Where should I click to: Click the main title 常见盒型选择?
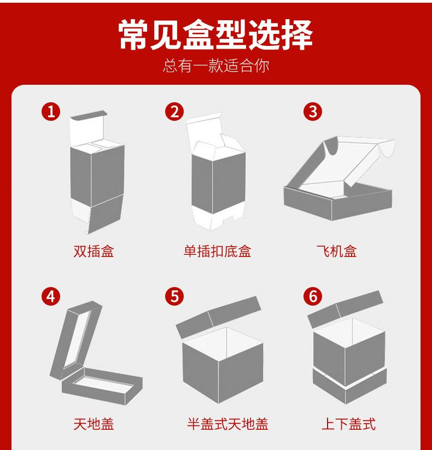click(216, 36)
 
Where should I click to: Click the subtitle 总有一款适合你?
click(216, 66)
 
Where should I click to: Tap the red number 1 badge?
click(51, 112)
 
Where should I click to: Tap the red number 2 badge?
click(174, 112)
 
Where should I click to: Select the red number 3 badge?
click(313, 112)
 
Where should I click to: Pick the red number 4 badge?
click(51, 296)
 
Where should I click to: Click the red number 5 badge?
click(174, 296)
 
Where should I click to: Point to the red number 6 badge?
click(313, 296)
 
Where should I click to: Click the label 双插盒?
click(94, 252)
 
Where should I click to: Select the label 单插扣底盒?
click(217, 252)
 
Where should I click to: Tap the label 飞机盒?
click(336, 252)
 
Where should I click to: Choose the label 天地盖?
click(94, 423)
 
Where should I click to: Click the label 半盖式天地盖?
click(227, 423)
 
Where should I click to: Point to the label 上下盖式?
click(348, 423)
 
